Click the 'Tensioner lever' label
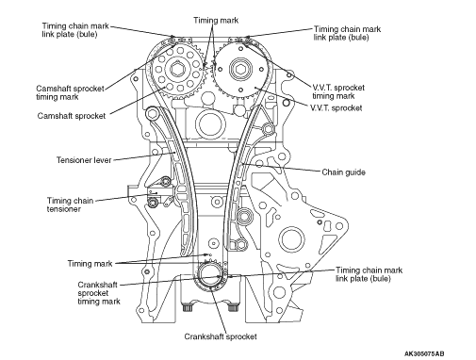(84, 160)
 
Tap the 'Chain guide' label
(343, 172)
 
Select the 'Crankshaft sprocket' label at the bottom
(221, 336)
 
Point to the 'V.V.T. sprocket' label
(336, 108)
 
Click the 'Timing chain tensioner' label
(70, 205)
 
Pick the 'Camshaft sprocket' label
(72, 116)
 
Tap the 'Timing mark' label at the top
(216, 21)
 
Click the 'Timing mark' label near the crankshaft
(90, 264)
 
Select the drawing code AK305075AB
(424, 353)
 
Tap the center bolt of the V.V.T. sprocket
(240, 69)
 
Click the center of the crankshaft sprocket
(210, 276)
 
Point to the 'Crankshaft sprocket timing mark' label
(99, 293)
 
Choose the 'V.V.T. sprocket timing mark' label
(338, 91)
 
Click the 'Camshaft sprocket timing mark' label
(70, 92)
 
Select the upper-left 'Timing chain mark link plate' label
(75, 30)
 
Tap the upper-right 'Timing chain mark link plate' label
(347, 33)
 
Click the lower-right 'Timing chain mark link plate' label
(369, 274)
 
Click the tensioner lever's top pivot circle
(153, 113)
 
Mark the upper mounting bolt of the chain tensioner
(166, 182)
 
